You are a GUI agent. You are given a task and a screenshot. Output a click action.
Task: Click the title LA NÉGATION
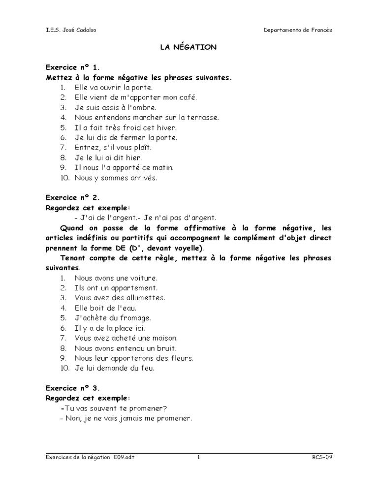coord(189,47)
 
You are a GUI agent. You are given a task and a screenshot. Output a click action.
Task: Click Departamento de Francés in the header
coord(298,30)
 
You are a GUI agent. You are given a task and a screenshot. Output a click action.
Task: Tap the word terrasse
coord(203,118)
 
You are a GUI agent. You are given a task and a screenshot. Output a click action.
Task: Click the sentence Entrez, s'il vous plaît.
coord(113,148)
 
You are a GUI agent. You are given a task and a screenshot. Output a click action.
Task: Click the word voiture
coord(143,278)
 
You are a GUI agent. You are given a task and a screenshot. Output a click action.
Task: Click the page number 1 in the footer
coord(199,457)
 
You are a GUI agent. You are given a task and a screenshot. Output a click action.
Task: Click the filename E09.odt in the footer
coord(123,457)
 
